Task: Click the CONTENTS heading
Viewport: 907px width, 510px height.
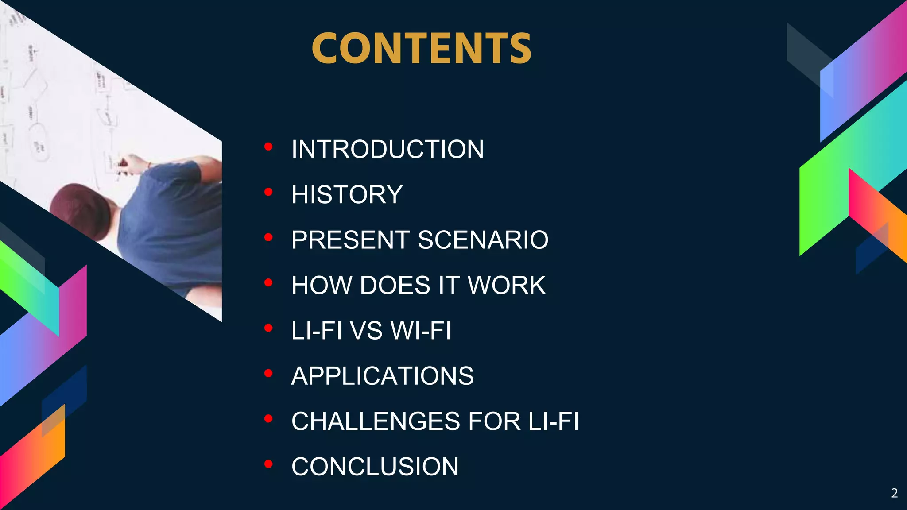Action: point(421,49)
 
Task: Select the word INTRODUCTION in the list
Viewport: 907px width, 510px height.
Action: point(388,149)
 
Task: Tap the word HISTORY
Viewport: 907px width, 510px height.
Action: point(347,195)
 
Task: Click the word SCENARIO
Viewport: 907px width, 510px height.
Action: point(483,240)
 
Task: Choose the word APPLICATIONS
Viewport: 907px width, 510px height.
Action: point(382,376)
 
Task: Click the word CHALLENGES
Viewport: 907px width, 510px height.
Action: point(376,421)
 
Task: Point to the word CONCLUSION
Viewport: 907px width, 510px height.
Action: point(375,467)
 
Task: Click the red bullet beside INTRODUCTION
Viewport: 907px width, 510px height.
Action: point(268,147)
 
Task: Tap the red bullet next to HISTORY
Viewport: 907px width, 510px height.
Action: point(268,192)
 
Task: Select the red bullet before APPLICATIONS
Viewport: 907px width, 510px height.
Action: point(268,374)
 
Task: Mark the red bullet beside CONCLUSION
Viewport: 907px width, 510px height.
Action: point(268,464)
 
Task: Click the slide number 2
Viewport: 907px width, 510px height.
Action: point(894,493)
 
